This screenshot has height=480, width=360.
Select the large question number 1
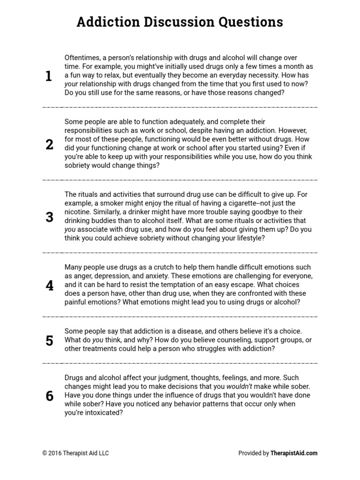[49, 76]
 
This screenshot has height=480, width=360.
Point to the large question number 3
[49, 217]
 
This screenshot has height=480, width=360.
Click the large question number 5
[49, 340]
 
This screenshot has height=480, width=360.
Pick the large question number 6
[49, 396]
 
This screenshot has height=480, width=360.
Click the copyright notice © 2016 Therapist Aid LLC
[76, 453]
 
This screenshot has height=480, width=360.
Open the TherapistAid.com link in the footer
[294, 453]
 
